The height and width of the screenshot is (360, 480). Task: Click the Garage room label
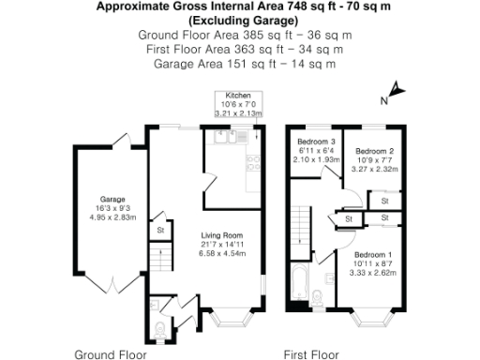pyautogui.click(x=113, y=200)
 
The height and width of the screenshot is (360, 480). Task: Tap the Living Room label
pyautogui.click(x=223, y=235)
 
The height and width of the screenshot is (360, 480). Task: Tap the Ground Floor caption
pyautogui.click(x=111, y=353)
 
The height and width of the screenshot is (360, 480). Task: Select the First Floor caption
pyautogui.click(x=311, y=353)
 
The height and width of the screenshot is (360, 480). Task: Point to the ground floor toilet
pyautogui.click(x=160, y=327)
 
